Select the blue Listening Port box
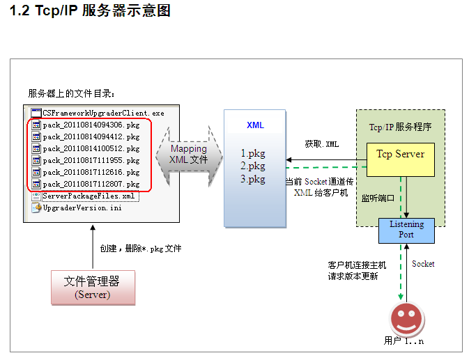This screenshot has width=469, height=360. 406,230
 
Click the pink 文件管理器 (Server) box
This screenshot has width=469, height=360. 92,287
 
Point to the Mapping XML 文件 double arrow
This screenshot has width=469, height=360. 188,154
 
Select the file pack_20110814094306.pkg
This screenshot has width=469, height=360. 91,125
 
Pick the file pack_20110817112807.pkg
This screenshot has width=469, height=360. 91,185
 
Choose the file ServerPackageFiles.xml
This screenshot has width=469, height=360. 89,196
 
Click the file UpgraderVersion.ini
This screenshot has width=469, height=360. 82,208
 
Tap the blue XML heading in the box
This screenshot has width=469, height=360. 255,125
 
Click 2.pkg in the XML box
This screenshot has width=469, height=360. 253,166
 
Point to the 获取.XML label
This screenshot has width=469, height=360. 322,144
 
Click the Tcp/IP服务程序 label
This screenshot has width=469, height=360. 400,127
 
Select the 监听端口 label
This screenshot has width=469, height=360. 378,198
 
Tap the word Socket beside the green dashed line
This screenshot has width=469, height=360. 423,264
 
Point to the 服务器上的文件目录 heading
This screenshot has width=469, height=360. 72,93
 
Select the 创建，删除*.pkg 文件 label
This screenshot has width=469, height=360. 141,249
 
